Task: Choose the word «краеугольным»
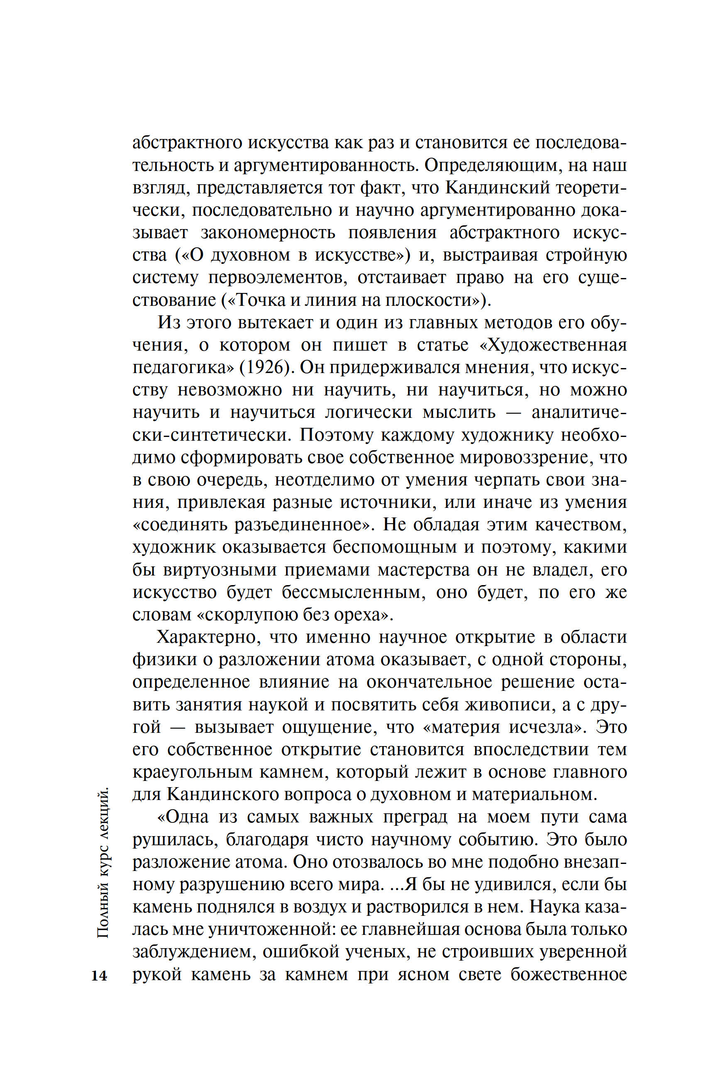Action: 193,772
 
